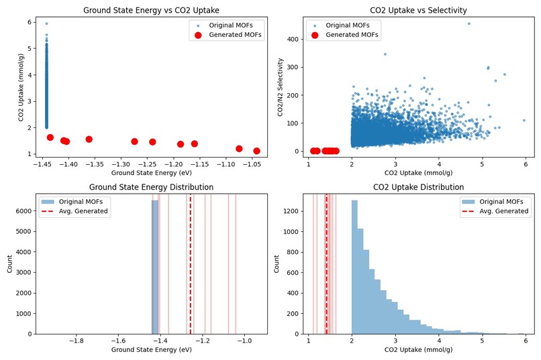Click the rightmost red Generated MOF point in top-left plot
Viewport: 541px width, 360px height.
click(x=256, y=151)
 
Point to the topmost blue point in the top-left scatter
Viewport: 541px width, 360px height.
click(x=46, y=23)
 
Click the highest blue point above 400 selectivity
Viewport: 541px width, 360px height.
click(x=469, y=23)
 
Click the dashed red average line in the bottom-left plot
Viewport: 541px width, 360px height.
click(x=190, y=268)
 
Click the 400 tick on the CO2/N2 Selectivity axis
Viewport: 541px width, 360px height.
click(x=295, y=39)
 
